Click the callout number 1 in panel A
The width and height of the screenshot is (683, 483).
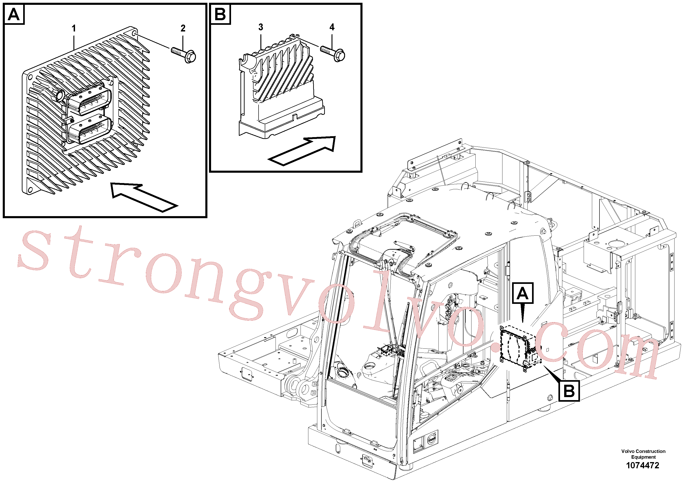point(74,28)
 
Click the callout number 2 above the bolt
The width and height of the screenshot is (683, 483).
point(183,28)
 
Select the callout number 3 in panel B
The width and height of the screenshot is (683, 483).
point(261,27)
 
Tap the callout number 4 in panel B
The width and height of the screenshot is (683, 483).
point(332,27)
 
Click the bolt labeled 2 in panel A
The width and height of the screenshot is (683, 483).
point(184,54)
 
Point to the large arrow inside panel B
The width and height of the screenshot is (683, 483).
point(302,151)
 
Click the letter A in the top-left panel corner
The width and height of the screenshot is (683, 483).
point(14,14)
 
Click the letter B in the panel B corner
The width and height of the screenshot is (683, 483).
point(220,14)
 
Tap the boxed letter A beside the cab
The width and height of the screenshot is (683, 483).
point(523,293)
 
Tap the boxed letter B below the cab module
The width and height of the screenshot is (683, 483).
point(569,391)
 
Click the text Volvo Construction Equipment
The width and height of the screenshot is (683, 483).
point(643,454)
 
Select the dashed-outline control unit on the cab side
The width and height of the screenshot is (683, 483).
point(521,347)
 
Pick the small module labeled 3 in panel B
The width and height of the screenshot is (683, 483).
point(281,86)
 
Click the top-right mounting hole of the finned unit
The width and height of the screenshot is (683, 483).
point(134,32)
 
